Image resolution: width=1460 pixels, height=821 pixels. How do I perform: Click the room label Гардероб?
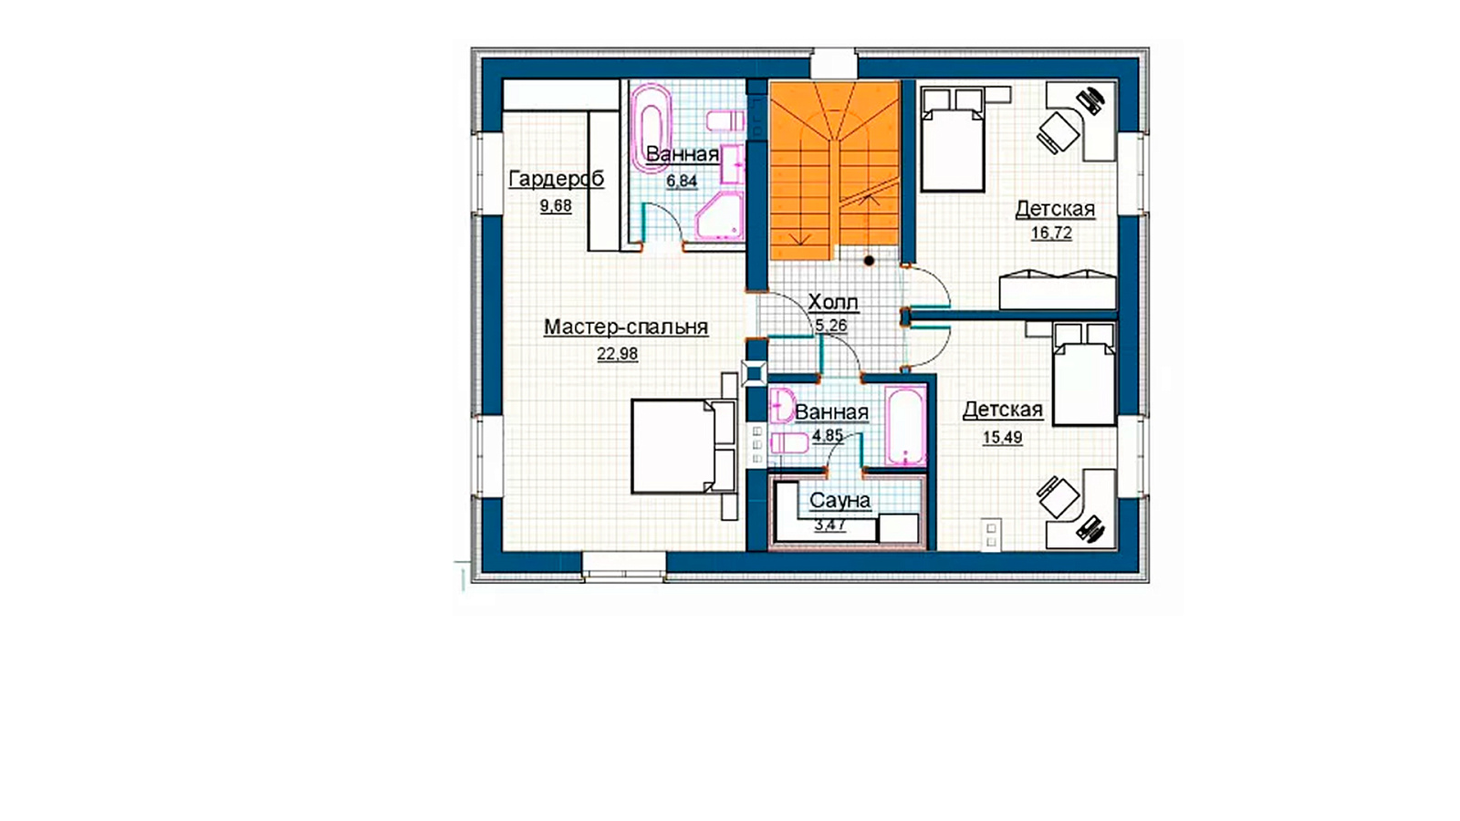(x=556, y=179)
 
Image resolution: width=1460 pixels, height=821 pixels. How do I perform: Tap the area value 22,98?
(x=617, y=354)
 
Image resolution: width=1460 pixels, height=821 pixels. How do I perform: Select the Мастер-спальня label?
(x=626, y=327)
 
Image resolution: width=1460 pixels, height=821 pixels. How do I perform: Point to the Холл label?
(x=833, y=302)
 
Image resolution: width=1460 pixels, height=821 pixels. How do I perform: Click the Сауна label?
(x=839, y=501)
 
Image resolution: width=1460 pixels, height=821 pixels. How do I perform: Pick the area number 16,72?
(x=1051, y=233)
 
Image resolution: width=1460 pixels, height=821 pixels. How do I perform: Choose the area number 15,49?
(x=1003, y=437)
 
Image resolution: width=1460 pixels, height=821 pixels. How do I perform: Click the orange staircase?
(x=834, y=170)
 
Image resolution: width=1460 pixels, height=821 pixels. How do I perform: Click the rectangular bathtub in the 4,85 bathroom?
(x=905, y=425)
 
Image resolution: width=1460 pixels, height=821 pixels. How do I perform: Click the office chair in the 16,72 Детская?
(x=1058, y=133)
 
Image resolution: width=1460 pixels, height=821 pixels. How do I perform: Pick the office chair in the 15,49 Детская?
(x=1058, y=497)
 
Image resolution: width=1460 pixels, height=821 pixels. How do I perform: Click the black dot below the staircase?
(x=869, y=261)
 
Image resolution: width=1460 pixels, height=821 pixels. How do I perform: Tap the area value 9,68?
(x=556, y=206)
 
